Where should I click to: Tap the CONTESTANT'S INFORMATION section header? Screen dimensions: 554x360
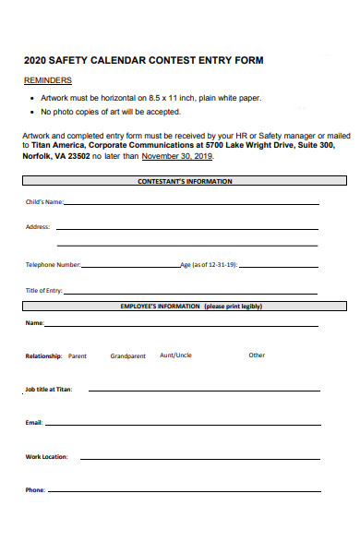(x=185, y=181)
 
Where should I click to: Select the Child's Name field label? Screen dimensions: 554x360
(x=43, y=201)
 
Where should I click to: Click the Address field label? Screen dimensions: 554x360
(x=38, y=226)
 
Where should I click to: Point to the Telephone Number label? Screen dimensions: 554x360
(x=53, y=265)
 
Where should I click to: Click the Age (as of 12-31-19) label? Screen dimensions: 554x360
(x=209, y=265)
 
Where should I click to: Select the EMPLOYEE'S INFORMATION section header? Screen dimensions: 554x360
(x=185, y=306)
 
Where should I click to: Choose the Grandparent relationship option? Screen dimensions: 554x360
(x=128, y=355)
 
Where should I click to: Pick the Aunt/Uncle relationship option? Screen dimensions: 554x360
(x=175, y=355)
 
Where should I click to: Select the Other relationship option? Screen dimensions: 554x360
(x=257, y=355)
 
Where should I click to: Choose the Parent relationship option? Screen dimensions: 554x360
(x=77, y=355)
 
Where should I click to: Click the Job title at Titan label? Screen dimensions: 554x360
(x=48, y=390)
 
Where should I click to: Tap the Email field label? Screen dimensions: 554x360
(x=34, y=423)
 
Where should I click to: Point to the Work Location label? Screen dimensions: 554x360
(x=46, y=456)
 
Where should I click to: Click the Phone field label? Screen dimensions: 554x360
(x=35, y=490)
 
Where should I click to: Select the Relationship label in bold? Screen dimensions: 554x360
(x=43, y=355)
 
